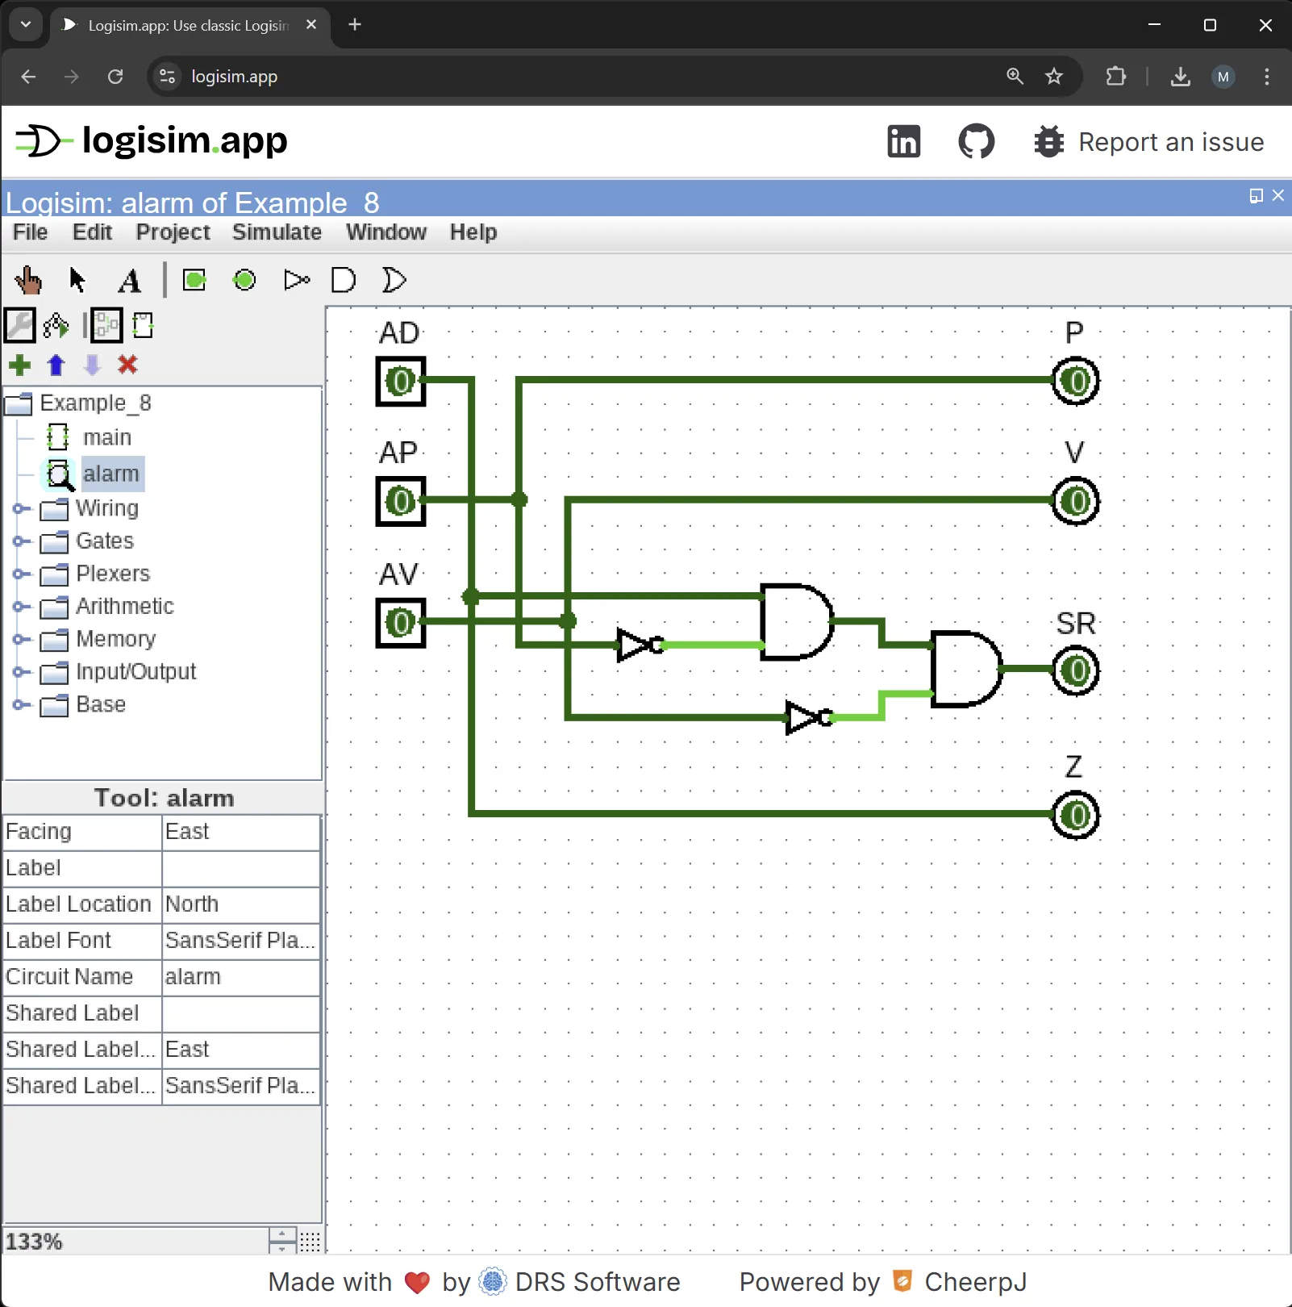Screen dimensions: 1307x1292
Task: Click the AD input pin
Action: (x=401, y=382)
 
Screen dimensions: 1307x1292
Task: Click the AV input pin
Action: (x=401, y=623)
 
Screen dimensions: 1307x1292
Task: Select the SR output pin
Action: (x=1076, y=670)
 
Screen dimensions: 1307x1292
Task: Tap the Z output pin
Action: (x=1076, y=816)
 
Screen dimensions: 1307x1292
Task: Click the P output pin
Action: (x=1076, y=381)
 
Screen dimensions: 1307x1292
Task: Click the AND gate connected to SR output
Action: (x=965, y=669)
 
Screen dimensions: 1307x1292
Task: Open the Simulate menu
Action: (x=277, y=232)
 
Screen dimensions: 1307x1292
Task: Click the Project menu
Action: (x=173, y=232)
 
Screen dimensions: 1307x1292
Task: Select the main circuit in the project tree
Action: (x=106, y=437)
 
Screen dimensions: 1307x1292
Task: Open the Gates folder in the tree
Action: (x=104, y=541)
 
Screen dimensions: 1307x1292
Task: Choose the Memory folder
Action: (x=115, y=639)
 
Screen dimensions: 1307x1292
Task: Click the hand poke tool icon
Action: (x=28, y=280)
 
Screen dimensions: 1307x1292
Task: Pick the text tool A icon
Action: (x=129, y=281)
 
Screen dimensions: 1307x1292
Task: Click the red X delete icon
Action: (x=127, y=365)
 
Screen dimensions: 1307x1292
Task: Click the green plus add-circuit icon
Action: (x=20, y=365)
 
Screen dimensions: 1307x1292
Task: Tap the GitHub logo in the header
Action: (x=976, y=142)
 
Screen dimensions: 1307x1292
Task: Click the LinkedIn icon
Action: (x=903, y=142)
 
